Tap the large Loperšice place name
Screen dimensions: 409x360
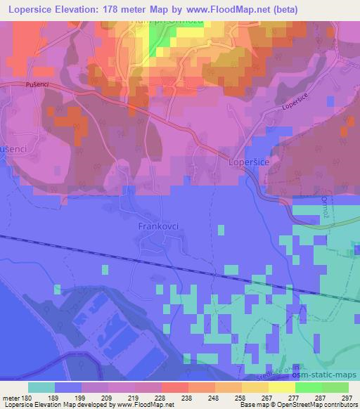pyautogui.click(x=249, y=162)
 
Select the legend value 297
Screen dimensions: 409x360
pyautogui.click(x=345, y=397)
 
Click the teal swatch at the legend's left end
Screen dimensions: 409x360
pyautogui.click(x=41, y=387)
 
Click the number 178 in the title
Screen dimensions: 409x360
pyautogui.click(x=121, y=10)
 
